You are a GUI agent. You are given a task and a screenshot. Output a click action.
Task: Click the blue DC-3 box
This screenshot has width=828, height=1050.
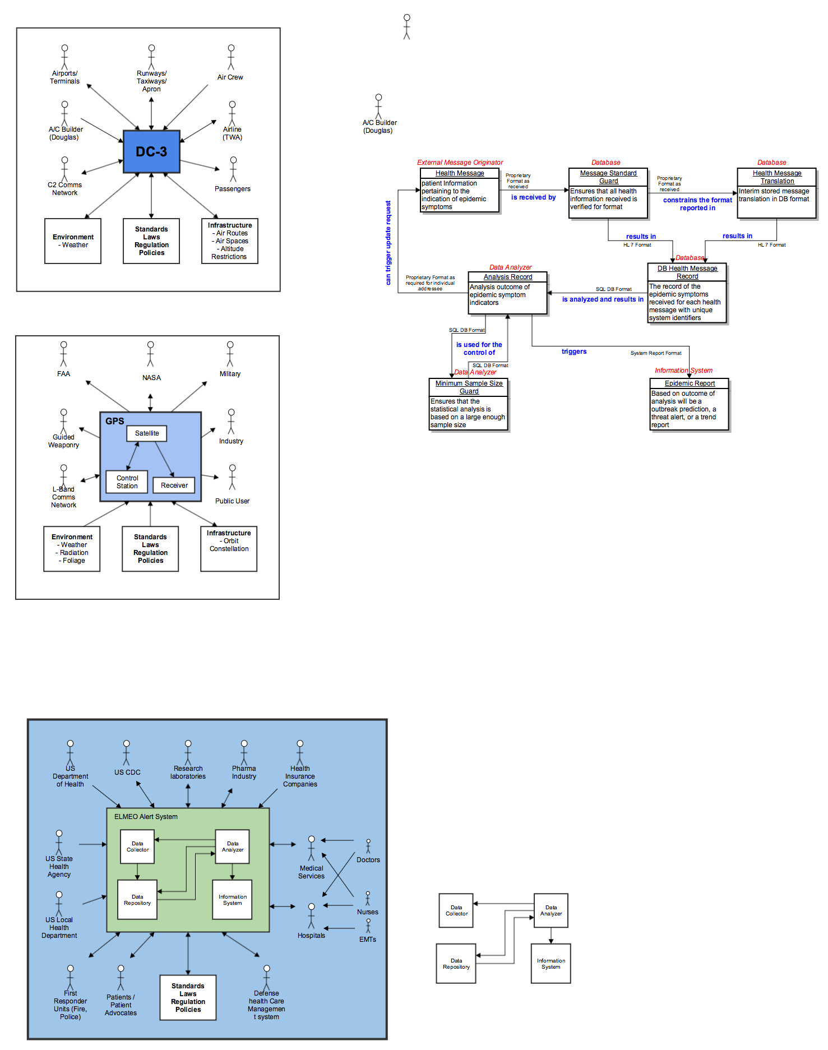[x=151, y=152]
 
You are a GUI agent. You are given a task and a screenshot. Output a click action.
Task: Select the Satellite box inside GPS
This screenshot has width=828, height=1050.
[x=147, y=433]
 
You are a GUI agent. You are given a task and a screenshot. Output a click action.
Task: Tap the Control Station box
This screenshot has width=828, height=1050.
[x=127, y=482]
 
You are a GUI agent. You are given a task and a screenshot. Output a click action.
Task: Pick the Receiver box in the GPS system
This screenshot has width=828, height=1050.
[x=174, y=485]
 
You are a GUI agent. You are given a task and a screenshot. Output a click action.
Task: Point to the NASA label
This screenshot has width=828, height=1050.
[x=151, y=378]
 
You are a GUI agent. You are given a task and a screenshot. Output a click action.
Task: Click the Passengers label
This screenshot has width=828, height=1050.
[x=232, y=189]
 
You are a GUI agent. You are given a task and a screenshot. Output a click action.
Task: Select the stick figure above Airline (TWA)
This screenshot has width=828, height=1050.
[x=232, y=113]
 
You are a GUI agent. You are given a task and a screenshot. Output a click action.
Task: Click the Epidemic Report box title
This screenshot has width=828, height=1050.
[x=690, y=383]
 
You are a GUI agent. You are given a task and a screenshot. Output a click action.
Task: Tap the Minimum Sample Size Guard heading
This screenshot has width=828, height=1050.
[x=469, y=387]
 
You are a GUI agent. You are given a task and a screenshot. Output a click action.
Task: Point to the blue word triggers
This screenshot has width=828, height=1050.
[x=574, y=351]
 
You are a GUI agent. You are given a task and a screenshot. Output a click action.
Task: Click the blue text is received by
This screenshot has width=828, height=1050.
[x=533, y=197]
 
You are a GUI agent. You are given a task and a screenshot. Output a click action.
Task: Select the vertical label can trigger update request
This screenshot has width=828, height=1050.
[x=388, y=243]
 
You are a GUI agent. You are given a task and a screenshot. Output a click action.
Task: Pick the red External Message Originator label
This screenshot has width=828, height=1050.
[x=460, y=163]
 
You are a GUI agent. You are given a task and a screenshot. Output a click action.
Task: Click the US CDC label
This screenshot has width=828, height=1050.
[x=127, y=773]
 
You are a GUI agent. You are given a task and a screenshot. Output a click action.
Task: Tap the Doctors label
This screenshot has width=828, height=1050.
[x=368, y=860]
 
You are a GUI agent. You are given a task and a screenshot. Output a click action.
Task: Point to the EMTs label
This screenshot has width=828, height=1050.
[x=368, y=940]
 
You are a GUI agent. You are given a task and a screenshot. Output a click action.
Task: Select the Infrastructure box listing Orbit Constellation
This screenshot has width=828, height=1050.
[x=229, y=548]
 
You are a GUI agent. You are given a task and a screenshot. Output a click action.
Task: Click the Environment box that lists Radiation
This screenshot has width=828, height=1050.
[x=72, y=548]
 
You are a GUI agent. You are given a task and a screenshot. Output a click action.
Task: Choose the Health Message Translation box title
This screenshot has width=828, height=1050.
[x=777, y=177]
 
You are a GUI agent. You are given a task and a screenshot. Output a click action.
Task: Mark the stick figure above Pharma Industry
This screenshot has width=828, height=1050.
[x=244, y=752]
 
